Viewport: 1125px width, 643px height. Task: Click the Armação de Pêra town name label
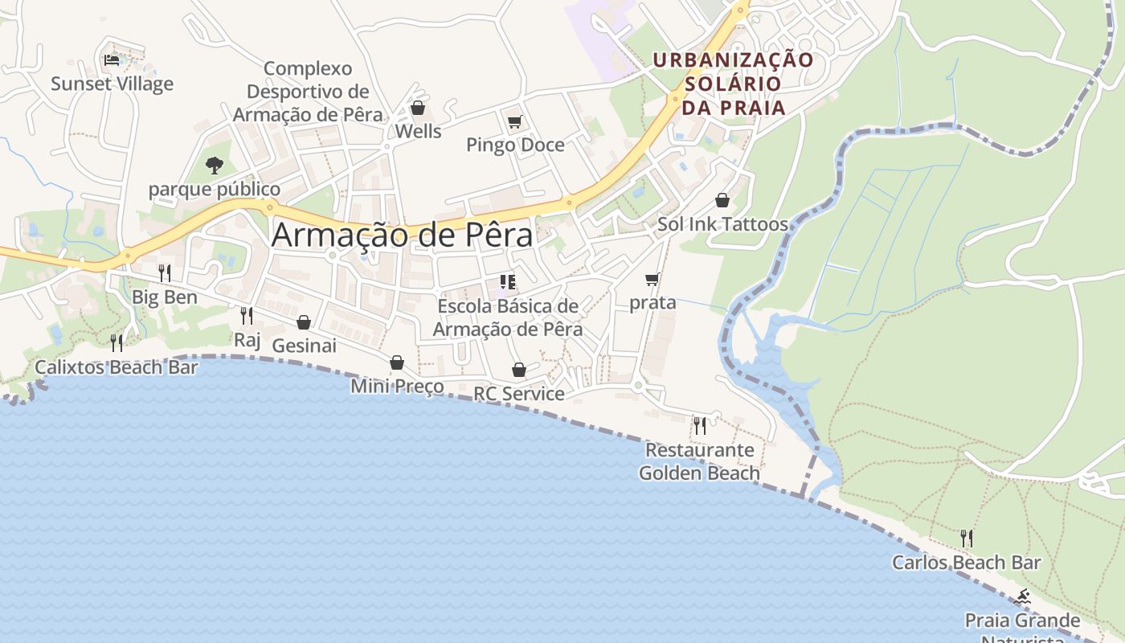tap(402, 235)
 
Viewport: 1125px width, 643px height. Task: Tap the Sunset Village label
tap(112, 84)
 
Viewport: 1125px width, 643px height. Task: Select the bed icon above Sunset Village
tap(112, 59)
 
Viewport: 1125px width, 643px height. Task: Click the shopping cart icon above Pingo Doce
tap(514, 122)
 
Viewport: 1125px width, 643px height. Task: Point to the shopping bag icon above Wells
tap(417, 108)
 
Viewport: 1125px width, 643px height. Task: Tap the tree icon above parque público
tap(214, 166)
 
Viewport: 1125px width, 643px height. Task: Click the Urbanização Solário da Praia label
tap(733, 84)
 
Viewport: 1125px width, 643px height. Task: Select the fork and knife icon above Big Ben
tap(164, 273)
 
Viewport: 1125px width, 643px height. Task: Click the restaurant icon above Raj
tap(247, 315)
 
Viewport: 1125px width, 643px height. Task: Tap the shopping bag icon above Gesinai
tap(304, 323)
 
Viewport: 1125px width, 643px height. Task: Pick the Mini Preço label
tap(397, 387)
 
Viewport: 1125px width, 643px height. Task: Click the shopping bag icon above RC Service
tap(519, 370)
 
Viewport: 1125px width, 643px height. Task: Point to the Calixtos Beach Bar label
tap(116, 368)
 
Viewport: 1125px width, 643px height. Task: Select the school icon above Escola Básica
tap(507, 281)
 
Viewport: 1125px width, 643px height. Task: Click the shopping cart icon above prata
tap(652, 280)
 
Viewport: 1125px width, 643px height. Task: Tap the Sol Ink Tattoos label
tap(722, 224)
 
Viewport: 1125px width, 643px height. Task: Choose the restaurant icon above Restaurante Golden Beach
tap(700, 425)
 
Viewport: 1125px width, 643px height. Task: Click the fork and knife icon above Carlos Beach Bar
tap(967, 538)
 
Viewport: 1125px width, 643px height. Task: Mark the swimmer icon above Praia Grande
tap(1022, 597)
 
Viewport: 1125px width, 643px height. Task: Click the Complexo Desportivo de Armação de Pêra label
tap(308, 92)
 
